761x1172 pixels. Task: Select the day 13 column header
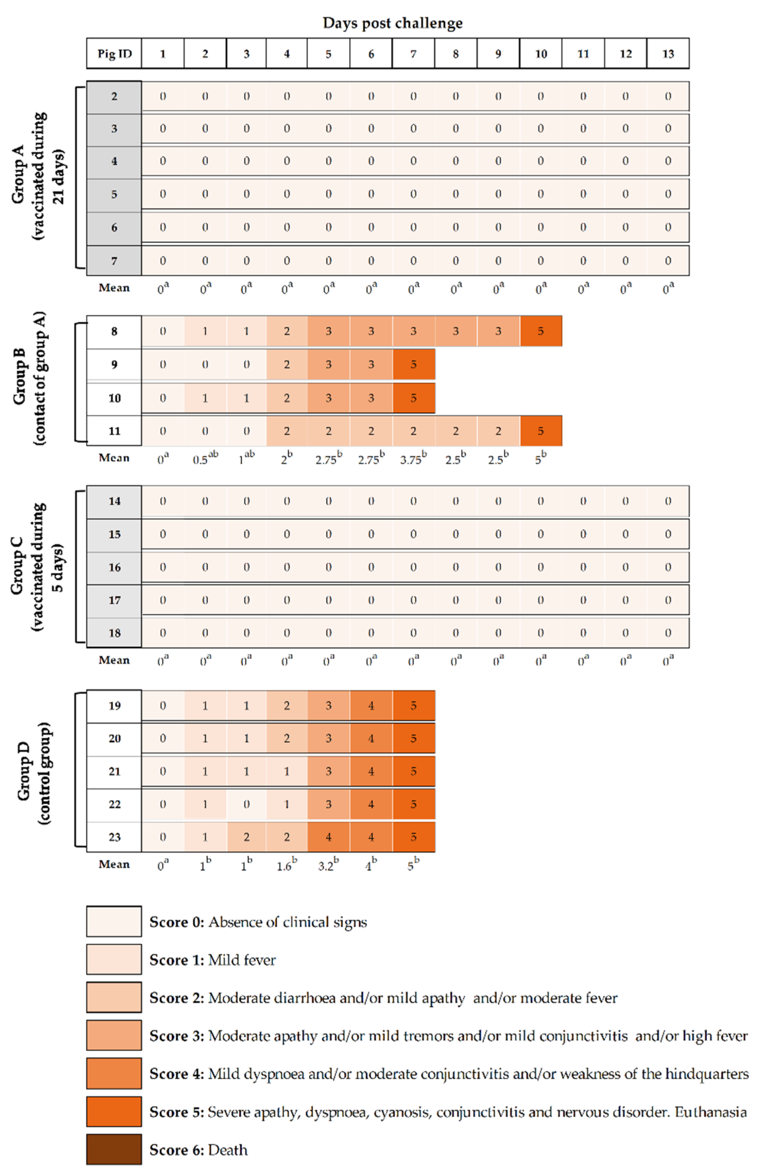[667, 54]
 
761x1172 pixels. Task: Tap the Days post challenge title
[392, 23]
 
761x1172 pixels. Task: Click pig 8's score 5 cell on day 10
[541, 331]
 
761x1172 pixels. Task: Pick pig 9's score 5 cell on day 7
[413, 364]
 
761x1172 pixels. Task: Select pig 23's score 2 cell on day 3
[246, 837]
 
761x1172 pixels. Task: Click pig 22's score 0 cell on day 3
[246, 804]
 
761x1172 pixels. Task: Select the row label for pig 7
[114, 261]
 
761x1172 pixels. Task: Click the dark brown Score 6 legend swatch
[114, 1149]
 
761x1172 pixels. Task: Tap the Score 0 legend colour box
[114, 921]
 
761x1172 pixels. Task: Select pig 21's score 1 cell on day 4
[287, 771]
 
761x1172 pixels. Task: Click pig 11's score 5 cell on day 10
[541, 431]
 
